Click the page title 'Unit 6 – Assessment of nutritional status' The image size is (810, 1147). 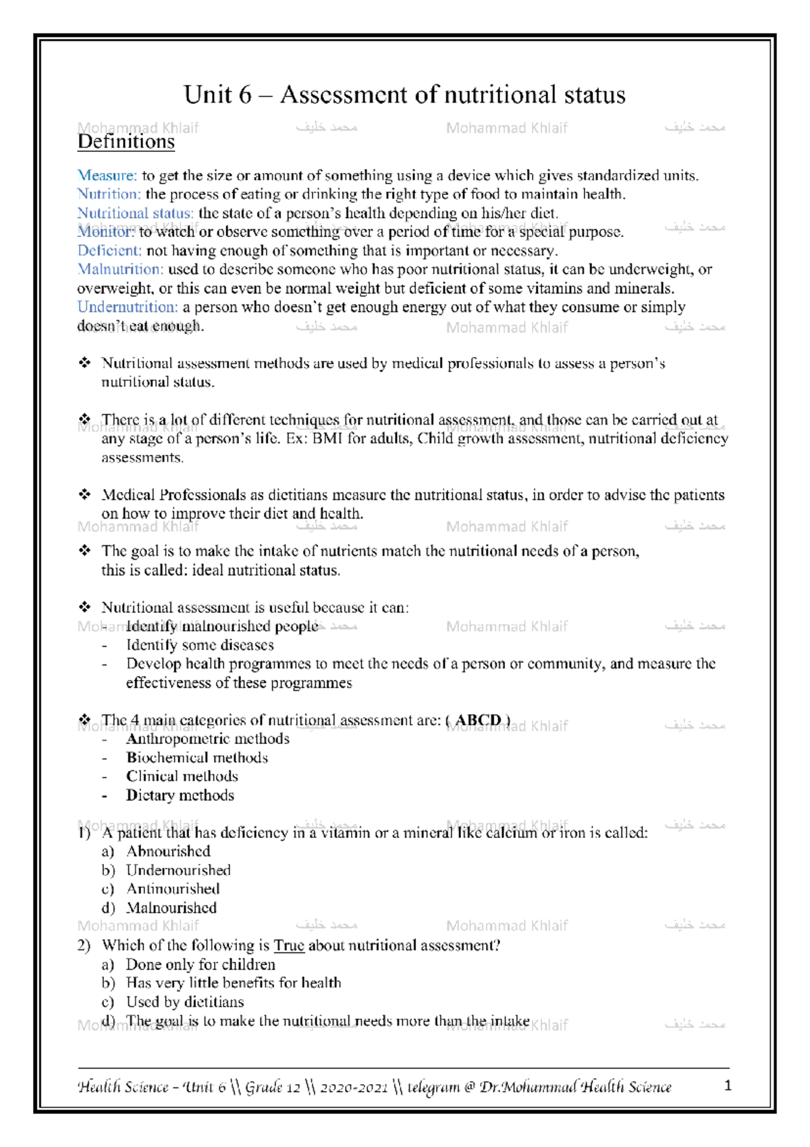404,95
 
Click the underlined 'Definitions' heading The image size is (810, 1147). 126,142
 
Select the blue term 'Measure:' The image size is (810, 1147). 107,176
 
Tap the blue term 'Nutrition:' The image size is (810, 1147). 109,194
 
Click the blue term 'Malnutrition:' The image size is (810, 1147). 120,269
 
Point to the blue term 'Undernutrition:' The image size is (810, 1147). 128,307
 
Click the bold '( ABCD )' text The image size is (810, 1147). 478,720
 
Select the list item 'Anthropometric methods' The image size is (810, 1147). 207,739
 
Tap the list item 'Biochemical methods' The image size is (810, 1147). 196,758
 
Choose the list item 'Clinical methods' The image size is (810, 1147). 182,776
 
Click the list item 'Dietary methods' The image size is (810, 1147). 180,795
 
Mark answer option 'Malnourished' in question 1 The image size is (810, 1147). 171,908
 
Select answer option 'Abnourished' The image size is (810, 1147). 168,851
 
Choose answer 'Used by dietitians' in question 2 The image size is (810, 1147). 185,1002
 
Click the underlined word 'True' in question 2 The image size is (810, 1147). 289,946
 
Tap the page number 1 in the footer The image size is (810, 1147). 728,1086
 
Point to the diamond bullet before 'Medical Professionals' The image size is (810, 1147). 84,495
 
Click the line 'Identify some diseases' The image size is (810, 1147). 200,645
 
